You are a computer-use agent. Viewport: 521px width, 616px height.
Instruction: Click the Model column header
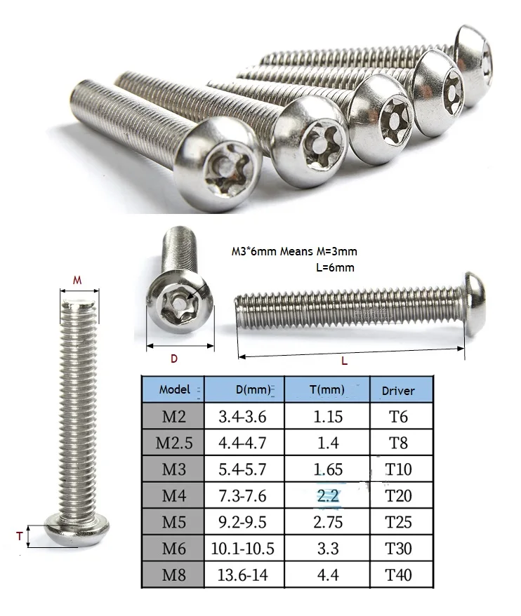click(174, 389)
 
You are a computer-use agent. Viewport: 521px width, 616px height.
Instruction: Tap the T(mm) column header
click(327, 389)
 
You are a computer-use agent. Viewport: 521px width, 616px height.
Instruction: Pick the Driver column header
click(398, 390)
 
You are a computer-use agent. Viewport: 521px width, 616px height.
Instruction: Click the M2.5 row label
click(174, 443)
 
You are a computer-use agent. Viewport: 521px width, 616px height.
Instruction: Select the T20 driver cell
click(399, 496)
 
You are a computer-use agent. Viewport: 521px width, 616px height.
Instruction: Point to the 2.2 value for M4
click(327, 496)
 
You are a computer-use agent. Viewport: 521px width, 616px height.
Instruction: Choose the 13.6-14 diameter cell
click(244, 575)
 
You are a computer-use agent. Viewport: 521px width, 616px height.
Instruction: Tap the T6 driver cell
click(399, 417)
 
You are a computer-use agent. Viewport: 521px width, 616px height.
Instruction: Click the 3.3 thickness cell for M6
click(327, 549)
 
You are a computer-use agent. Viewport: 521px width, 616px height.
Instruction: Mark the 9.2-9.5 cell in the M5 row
click(244, 523)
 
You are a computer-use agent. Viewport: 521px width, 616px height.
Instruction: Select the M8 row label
click(174, 575)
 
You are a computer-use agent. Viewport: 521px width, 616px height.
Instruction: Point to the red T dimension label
click(19, 535)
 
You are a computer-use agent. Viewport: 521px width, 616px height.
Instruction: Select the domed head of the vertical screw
click(77, 527)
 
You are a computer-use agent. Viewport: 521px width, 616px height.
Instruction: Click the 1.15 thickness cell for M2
click(327, 417)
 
